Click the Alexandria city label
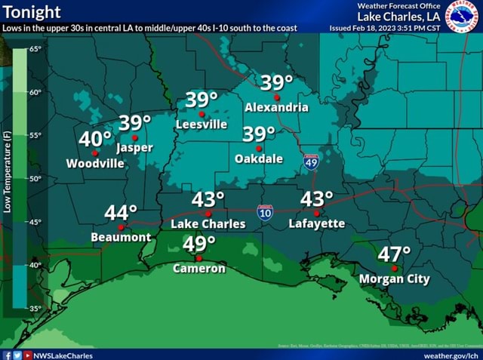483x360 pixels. click(x=276, y=107)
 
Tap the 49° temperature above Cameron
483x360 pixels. click(x=200, y=245)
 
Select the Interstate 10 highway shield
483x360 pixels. click(x=265, y=213)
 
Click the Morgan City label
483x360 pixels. click(x=394, y=279)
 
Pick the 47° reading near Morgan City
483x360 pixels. click(x=395, y=254)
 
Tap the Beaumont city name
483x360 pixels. click(x=121, y=237)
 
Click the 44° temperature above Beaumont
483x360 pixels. click(x=121, y=213)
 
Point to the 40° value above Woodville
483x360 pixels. click(x=95, y=139)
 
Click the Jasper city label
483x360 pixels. click(x=135, y=147)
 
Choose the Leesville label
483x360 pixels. click(x=202, y=125)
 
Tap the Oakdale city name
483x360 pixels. click(x=259, y=158)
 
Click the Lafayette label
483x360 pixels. click(x=317, y=223)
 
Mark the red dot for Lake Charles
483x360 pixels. click(x=208, y=214)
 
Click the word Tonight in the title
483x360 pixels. click(x=32, y=12)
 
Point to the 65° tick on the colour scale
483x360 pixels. click(x=35, y=49)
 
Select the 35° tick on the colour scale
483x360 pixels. click(x=35, y=309)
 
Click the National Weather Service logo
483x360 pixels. click(x=462, y=17)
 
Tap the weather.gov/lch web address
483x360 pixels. click(x=451, y=355)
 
